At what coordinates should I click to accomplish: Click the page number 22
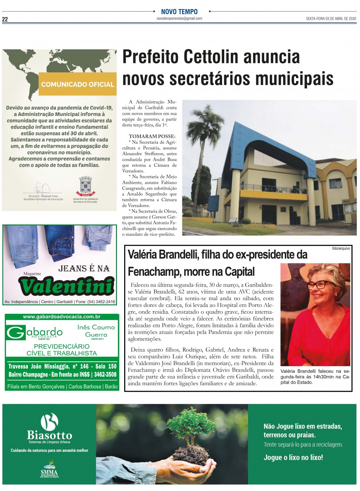[5, 19]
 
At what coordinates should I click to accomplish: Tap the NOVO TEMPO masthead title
[179, 12]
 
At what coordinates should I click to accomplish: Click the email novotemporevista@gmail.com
[179, 19]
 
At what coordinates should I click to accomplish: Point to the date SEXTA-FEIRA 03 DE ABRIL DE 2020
[331, 19]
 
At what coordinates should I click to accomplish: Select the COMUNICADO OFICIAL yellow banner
[78, 84]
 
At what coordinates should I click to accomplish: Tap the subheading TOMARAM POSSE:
[152, 136]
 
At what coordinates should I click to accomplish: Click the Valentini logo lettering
[67, 286]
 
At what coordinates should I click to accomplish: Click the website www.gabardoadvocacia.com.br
[62, 317]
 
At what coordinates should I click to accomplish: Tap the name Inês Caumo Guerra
[96, 331]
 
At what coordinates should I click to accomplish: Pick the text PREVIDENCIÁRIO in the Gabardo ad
[62, 346]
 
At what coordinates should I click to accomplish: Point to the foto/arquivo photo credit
[341, 248]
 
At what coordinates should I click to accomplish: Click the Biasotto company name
[49, 435]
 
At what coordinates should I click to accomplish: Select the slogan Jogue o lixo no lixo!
[293, 458]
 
